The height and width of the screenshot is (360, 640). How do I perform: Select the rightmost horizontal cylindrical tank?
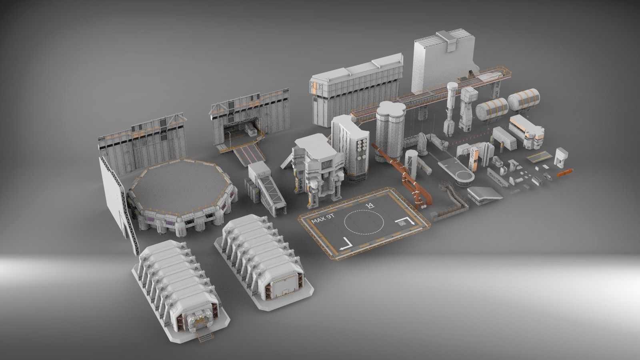pyautogui.click(x=524, y=100)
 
